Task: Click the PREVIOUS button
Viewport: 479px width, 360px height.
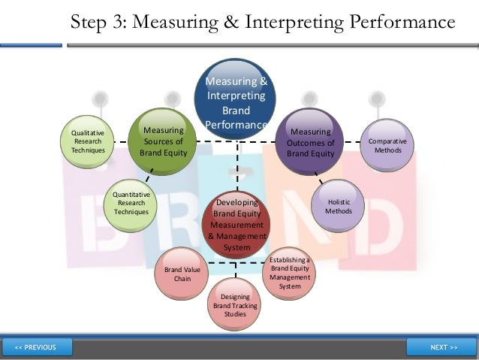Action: point(36,347)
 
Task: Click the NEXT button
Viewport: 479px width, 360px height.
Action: point(444,347)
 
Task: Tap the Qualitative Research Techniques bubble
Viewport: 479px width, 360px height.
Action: point(88,141)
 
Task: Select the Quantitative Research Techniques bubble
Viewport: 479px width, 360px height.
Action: point(131,204)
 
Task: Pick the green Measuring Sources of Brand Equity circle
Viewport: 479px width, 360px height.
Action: point(163,141)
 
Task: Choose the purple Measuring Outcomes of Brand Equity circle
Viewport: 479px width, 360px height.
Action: point(311,141)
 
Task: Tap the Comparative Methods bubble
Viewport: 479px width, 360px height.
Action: point(388,146)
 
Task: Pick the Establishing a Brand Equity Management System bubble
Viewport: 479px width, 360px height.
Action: point(289,272)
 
